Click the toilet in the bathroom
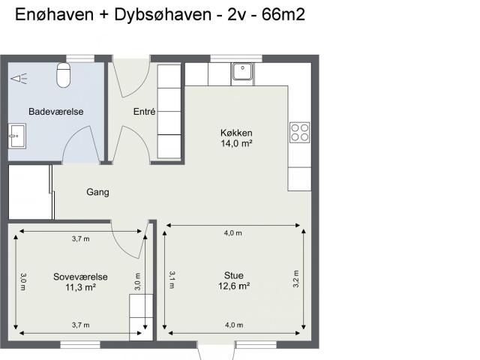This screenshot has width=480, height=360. click(x=64, y=75)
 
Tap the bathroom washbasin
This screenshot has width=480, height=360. click(x=17, y=136)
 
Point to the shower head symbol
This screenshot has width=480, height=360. click(x=19, y=79)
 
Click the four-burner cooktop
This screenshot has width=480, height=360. click(x=300, y=132)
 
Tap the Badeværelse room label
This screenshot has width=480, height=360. click(x=56, y=112)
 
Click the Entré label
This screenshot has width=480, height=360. click(x=145, y=112)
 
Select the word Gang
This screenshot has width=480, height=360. click(x=97, y=192)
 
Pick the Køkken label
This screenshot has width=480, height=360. click(x=236, y=133)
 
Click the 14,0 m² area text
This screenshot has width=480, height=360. click(x=236, y=143)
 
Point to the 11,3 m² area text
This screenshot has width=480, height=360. click(x=80, y=287)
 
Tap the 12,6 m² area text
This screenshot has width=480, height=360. click(x=234, y=286)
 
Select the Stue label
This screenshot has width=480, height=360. click(x=234, y=275)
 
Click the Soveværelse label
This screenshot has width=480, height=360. click(x=80, y=277)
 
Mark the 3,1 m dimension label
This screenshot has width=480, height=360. click(x=172, y=280)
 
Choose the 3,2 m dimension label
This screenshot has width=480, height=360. click(x=296, y=279)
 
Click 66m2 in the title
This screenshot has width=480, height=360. click(x=283, y=14)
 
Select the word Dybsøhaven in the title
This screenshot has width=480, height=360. click(x=163, y=15)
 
